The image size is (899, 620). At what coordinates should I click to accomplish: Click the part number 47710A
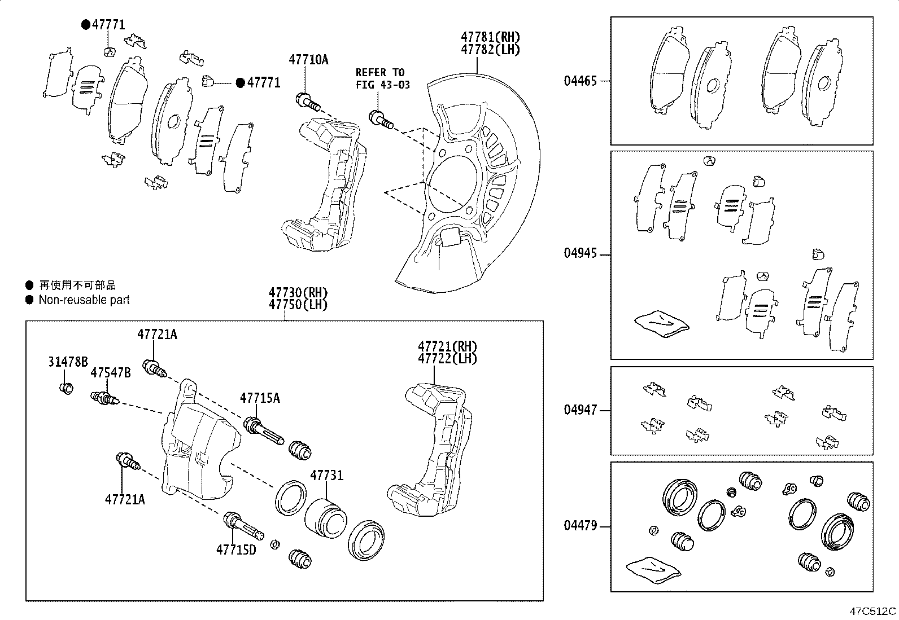click(308, 59)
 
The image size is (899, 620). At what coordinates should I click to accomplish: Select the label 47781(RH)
click(490, 37)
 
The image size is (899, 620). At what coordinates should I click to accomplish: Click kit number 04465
click(580, 81)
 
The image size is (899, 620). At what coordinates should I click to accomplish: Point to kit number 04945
click(580, 253)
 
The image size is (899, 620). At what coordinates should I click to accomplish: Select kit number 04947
click(580, 410)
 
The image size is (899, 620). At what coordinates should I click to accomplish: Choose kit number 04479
click(580, 526)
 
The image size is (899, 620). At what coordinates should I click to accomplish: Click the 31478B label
click(68, 362)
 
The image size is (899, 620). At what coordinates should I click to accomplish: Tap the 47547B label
click(111, 373)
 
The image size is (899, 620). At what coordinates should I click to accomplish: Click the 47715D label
click(235, 549)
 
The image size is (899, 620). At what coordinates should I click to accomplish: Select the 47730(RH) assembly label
click(298, 293)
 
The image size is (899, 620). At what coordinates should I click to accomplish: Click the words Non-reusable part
click(84, 300)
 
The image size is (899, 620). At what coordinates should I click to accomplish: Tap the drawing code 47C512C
click(873, 610)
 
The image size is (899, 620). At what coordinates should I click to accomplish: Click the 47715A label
click(260, 398)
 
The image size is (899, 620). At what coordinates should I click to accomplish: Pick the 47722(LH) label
click(447, 358)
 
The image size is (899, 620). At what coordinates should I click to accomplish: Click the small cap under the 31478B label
click(66, 388)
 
